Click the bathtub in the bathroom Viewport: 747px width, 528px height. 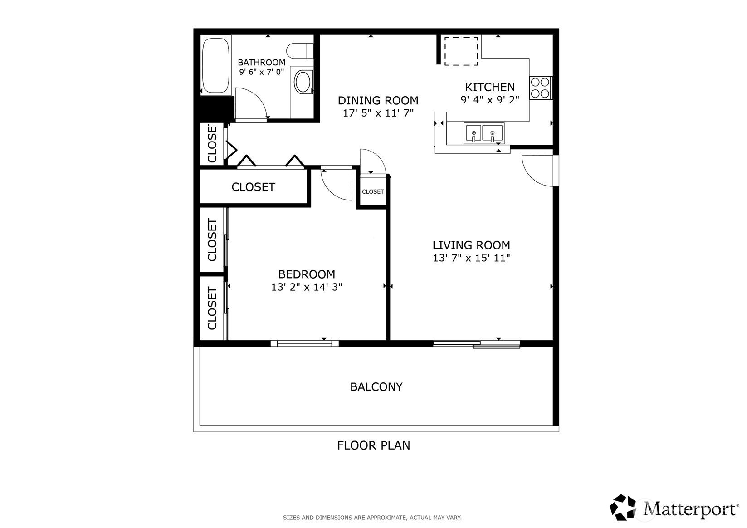click(x=216, y=65)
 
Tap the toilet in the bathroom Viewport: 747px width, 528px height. click(x=300, y=51)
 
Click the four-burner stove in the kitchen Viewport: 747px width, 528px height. click(x=540, y=88)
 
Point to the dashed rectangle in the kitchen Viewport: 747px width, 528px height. click(x=461, y=51)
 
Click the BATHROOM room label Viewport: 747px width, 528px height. click(x=261, y=63)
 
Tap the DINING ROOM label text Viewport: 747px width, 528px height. click(x=378, y=100)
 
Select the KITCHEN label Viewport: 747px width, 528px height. click(x=490, y=87)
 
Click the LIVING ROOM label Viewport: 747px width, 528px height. click(x=471, y=245)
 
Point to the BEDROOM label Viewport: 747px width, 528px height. click(x=307, y=274)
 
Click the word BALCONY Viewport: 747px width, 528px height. click(x=376, y=386)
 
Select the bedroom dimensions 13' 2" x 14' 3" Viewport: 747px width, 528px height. click(x=307, y=287)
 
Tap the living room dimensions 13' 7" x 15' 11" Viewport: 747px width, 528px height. click(x=471, y=258)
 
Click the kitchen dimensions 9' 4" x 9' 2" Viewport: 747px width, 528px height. click(x=490, y=100)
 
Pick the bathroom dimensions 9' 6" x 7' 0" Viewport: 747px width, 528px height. click(x=261, y=72)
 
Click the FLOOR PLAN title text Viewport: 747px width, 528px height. click(x=374, y=445)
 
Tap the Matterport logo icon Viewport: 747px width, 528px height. click(x=622, y=507)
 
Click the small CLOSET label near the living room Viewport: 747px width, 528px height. click(x=373, y=191)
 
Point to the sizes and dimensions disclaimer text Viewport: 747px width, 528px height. click(x=372, y=518)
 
